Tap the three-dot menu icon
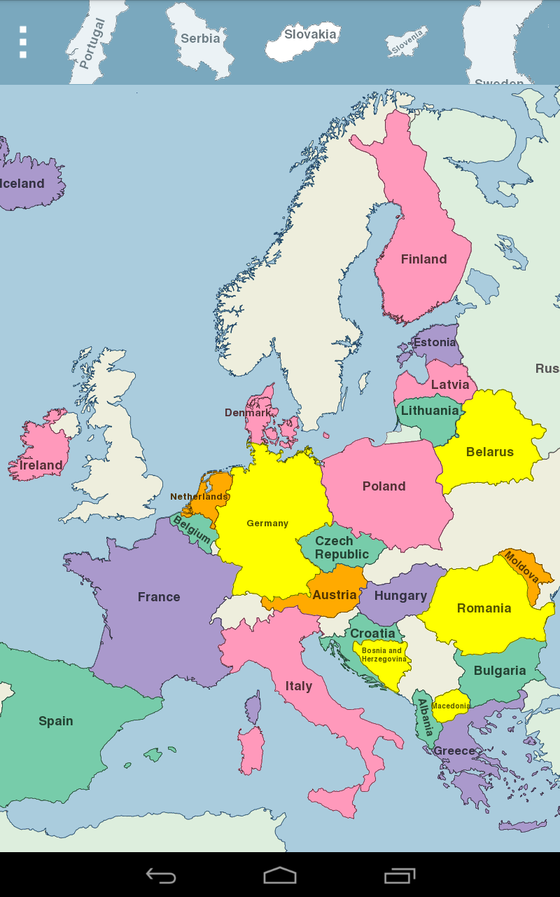(23, 42)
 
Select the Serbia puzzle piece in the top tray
(201, 38)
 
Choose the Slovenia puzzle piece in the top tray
(407, 41)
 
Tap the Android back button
(160, 875)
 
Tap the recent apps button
(400, 875)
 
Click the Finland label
(423, 259)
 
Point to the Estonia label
(435, 343)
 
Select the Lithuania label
(430, 411)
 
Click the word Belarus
(490, 452)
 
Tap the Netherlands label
(199, 497)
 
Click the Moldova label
(522, 568)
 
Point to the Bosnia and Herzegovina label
(383, 655)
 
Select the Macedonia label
(450, 706)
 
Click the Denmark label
(248, 413)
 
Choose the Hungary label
(400, 596)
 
